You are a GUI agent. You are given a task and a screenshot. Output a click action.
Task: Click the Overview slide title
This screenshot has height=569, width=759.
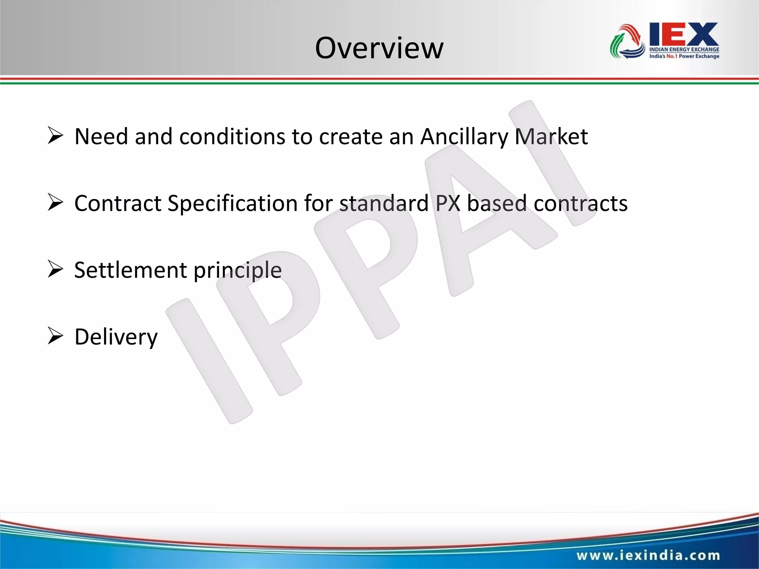point(379,48)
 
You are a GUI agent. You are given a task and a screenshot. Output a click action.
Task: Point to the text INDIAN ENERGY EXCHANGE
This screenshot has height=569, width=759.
point(684,49)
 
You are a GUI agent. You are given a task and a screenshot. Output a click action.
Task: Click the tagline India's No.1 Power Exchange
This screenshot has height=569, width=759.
point(684,56)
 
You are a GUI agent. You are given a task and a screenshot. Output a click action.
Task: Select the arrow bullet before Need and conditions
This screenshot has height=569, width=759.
point(55,136)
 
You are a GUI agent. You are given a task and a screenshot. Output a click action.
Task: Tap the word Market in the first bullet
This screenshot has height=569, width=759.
point(551,136)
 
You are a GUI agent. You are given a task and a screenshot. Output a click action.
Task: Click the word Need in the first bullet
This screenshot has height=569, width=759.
point(101,136)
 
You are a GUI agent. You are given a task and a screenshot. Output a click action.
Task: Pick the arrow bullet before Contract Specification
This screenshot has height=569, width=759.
point(55,203)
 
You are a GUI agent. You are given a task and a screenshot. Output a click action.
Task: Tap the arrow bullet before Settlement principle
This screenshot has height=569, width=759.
point(55,269)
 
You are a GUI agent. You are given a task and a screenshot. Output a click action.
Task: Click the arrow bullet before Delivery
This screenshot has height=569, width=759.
point(55,336)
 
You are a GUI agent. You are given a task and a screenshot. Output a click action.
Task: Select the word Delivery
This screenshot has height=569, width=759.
point(116,337)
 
